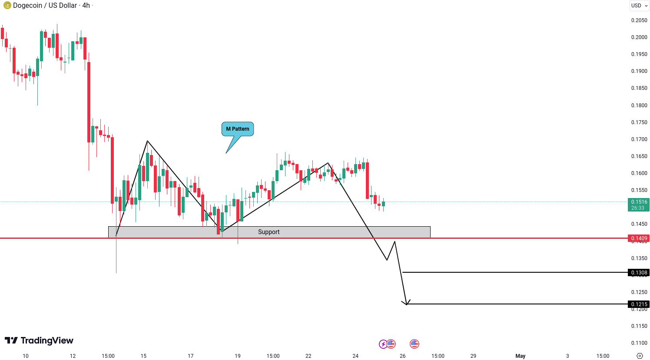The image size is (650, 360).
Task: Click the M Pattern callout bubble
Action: coord(238,129)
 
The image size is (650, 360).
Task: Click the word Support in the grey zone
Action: coord(269,232)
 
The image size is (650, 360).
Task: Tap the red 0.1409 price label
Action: coord(639,238)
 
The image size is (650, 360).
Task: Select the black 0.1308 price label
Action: coord(639,273)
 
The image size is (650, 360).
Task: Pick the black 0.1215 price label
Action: coord(639,304)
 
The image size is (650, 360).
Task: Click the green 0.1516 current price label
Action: coord(639,205)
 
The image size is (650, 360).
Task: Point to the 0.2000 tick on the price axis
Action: coord(639,37)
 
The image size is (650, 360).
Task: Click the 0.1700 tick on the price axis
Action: coord(639,139)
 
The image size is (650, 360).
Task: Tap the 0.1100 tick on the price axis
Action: coord(639,343)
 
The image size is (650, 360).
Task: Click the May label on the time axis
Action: coord(520,356)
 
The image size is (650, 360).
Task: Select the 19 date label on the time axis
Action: coord(237,356)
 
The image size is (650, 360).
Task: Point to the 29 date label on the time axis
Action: coord(473,356)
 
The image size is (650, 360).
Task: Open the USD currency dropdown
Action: coord(639,6)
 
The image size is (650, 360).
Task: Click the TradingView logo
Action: coord(39,340)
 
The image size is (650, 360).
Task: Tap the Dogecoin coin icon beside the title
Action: coord(7,6)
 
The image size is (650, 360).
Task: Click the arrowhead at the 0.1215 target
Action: coord(406,304)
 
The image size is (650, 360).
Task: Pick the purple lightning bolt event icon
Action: coord(383,344)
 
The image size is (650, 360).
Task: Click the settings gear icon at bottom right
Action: coord(640,356)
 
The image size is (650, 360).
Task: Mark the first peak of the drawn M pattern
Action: coord(147,141)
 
